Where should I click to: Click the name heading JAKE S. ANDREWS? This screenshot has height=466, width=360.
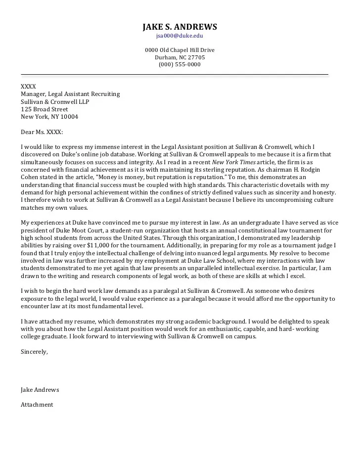point(180,27)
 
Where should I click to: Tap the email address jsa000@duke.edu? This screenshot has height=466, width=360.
point(180,36)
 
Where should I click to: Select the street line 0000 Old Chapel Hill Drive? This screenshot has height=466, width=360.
point(180,50)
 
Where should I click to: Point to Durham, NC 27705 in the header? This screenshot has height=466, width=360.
point(180,57)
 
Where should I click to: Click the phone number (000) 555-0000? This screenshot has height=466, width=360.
point(180,64)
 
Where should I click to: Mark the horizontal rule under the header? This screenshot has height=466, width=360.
point(174,75)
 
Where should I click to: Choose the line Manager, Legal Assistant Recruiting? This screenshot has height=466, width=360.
point(70,94)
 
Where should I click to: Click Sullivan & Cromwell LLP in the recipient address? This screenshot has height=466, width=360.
point(55,102)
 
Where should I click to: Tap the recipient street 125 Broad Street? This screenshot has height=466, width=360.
point(44,109)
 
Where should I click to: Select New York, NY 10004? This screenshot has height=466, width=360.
point(49,117)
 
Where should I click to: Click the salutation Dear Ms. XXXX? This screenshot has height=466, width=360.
point(42,132)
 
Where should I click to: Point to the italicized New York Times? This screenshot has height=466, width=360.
point(230,162)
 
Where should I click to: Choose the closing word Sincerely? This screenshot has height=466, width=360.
point(34,352)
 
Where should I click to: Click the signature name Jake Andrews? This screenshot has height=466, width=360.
point(40,390)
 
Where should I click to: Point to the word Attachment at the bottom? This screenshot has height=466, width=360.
point(37,405)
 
